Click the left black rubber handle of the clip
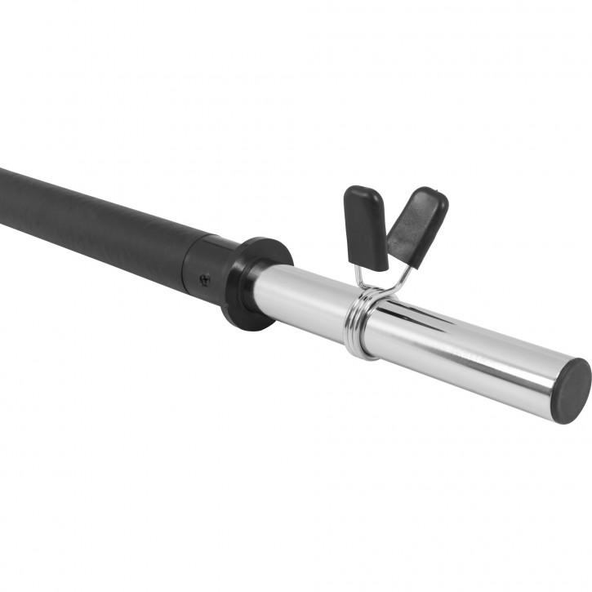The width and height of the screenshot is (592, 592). pyautogui.click(x=366, y=228)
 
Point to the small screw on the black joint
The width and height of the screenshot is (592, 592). pyautogui.click(x=204, y=277)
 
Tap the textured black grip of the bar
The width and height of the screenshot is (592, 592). pyautogui.click(x=90, y=220)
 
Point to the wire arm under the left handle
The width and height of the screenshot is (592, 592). pyautogui.click(x=360, y=278)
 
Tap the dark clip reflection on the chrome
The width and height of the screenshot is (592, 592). pyautogui.click(x=425, y=315)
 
